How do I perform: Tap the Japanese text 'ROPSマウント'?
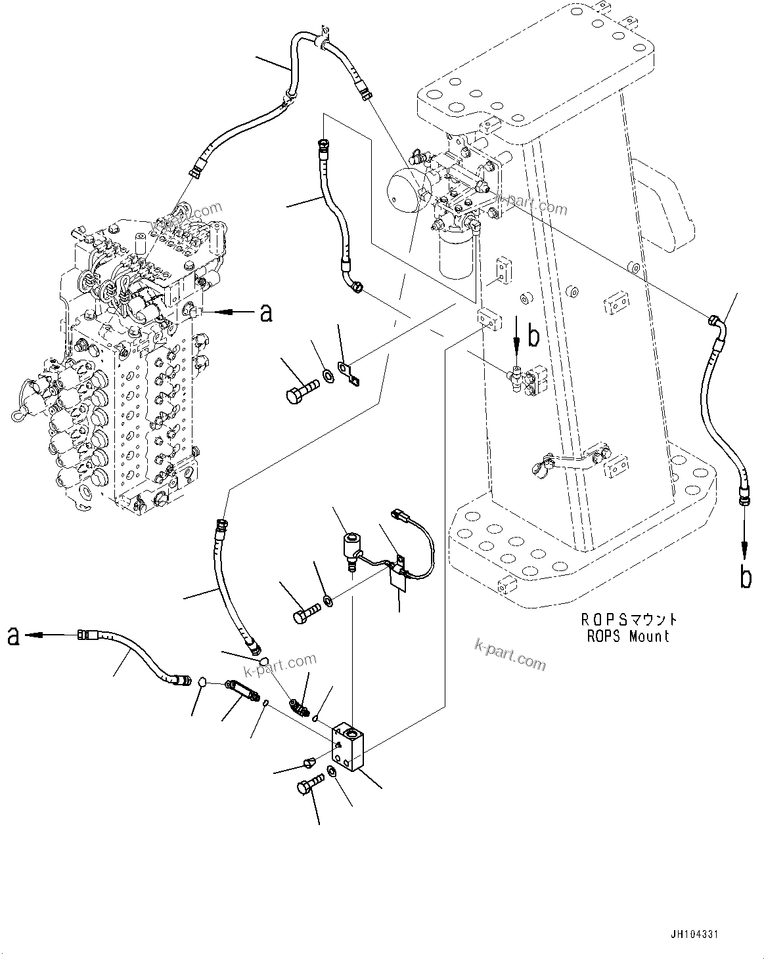(628, 619)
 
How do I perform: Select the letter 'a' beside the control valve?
(266, 314)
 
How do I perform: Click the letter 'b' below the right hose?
(746, 577)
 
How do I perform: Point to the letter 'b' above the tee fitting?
(534, 337)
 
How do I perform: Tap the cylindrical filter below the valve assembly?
(455, 257)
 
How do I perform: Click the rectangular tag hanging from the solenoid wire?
(398, 578)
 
